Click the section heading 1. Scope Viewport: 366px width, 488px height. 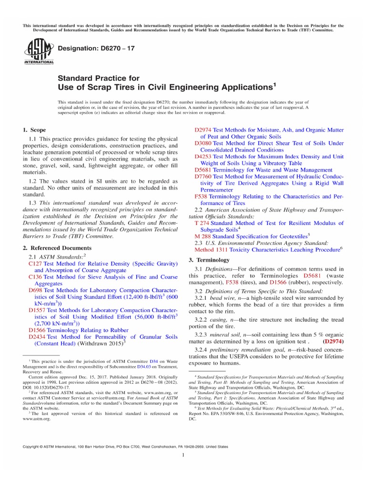35,130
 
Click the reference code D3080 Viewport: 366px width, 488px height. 203,143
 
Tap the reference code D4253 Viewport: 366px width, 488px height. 203,156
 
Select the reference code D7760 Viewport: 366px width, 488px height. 203,176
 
